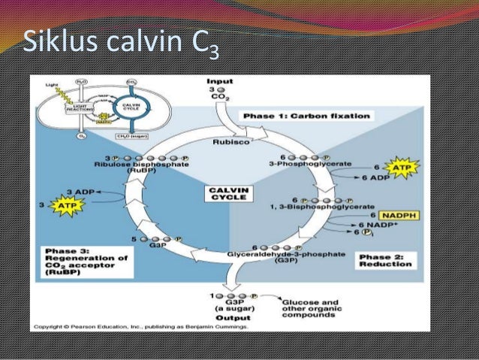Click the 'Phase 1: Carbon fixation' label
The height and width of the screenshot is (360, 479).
306,116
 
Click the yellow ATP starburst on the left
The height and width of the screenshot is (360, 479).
68,203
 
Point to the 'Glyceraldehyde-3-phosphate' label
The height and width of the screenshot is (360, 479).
286,255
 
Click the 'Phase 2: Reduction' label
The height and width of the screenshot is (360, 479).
384,260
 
